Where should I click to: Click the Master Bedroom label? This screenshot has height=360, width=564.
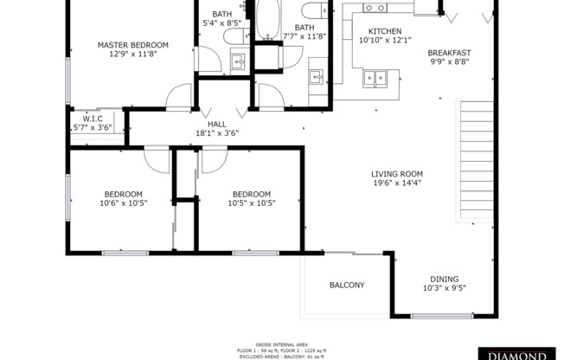click(132, 45)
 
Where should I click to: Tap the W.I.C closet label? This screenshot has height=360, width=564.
click(93, 119)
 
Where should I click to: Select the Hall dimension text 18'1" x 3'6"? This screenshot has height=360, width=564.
click(205, 133)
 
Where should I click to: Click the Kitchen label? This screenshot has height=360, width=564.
click(379, 31)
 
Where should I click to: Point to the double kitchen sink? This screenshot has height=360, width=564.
click(375, 79)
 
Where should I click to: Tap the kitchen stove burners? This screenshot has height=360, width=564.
click(375, 8)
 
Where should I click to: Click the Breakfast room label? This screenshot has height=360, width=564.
click(449, 53)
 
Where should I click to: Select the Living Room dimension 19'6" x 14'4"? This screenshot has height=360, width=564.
click(397, 183)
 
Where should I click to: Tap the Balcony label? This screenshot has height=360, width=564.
click(347, 286)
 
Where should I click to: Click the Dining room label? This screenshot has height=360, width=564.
click(445, 280)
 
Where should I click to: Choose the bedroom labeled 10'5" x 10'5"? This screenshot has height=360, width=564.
click(251, 199)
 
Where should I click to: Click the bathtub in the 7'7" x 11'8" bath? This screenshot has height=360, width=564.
click(266, 19)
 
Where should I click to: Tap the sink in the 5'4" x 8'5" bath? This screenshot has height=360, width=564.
click(238, 61)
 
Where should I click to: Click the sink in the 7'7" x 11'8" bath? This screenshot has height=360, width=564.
click(317, 75)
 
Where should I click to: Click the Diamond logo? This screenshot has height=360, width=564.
click(519, 354)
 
